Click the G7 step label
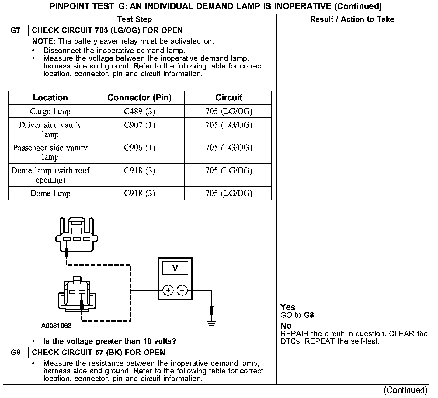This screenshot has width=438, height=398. click(16, 30)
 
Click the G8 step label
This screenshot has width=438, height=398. click(16, 352)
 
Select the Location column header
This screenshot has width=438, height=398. click(50, 98)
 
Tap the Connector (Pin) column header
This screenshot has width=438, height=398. click(140, 98)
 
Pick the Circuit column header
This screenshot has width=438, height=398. click(229, 98)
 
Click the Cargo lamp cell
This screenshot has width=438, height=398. click(50, 111)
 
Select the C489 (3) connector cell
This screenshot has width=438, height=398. click(140, 111)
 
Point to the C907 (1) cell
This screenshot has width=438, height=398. click(140, 125)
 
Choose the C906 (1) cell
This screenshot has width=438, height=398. click(140, 148)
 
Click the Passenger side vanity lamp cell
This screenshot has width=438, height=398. click(50, 152)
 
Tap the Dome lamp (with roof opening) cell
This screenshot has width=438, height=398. click(50, 175)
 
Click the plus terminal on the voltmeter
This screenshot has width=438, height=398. click(168, 290)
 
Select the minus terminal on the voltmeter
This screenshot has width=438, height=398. click(182, 290)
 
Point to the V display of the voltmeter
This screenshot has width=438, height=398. click(175, 268)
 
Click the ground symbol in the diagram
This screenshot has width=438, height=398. click(212, 323)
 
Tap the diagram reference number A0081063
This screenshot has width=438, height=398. click(57, 326)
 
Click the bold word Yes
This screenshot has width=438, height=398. click(288, 307)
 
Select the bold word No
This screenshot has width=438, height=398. click(286, 326)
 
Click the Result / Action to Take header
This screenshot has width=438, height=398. click(352, 19)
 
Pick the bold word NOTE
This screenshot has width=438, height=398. click(43, 41)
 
